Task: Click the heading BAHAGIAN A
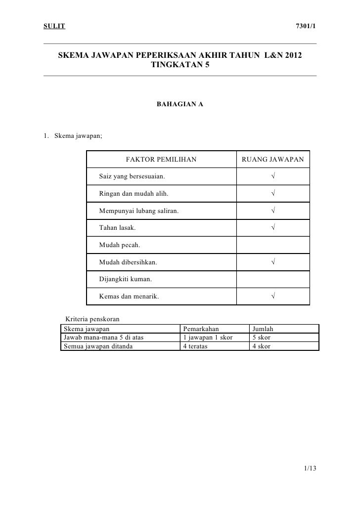point(180,104)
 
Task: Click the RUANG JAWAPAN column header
point(272,160)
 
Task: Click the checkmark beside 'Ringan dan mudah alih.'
point(273,194)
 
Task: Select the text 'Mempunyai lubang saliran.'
point(139,211)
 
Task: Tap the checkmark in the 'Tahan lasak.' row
point(273,228)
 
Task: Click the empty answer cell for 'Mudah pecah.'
point(273,245)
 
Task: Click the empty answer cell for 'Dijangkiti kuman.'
point(273,279)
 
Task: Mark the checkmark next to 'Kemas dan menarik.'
point(273,297)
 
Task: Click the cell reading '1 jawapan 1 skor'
point(208,338)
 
